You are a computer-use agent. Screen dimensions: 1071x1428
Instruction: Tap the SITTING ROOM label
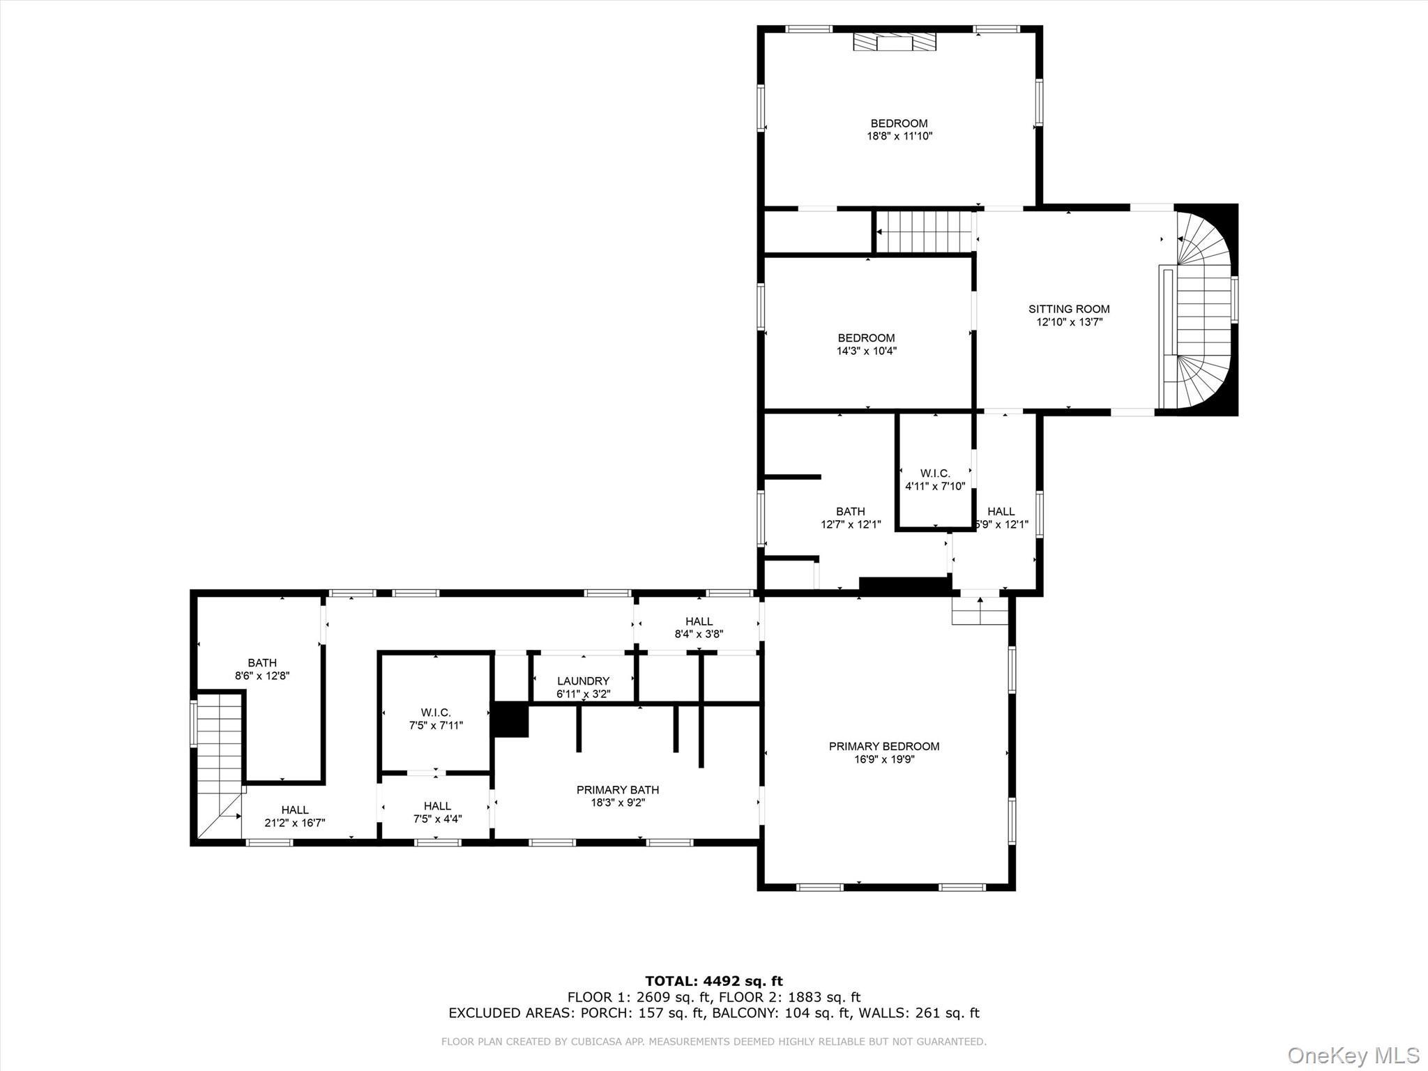coord(1068,309)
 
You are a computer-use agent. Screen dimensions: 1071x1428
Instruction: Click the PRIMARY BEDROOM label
coord(883,746)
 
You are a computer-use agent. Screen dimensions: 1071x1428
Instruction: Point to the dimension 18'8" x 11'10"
coord(899,137)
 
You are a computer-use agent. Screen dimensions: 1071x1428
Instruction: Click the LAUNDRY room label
coord(583,681)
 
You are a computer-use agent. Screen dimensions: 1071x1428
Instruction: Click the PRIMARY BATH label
coord(617,789)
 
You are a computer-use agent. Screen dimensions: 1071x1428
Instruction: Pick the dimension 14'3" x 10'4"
coord(866,351)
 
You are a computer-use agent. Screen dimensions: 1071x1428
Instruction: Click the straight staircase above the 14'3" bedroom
coord(923,232)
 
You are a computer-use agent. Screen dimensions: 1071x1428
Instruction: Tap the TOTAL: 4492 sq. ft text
coord(713,982)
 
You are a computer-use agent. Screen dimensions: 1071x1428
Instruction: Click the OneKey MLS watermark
coord(1353,1054)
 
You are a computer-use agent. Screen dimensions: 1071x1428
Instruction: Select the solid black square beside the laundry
coord(511,719)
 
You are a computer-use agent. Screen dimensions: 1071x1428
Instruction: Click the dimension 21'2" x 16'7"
coord(294,823)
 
